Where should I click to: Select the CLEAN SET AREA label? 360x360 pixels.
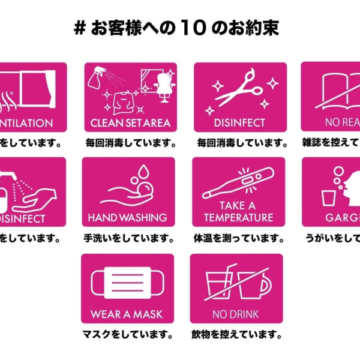130,123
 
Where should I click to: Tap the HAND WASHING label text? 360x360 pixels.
127,217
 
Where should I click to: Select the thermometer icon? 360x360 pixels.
238,183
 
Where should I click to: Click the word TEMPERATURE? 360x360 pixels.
238,217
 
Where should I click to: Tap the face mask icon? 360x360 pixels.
127,284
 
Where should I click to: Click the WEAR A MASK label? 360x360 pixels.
127,314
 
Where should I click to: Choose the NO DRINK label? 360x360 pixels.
236,314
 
